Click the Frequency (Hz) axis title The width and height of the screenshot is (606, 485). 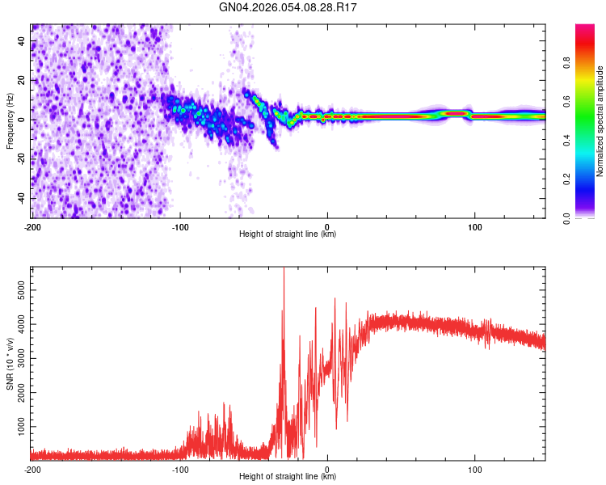tap(11, 121)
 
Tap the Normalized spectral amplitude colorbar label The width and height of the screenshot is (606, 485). tap(600, 121)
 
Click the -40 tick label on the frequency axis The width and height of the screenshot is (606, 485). tap(20, 198)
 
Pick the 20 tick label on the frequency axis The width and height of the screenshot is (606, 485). tap(22, 80)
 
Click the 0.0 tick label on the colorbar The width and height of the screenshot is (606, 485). tap(566, 217)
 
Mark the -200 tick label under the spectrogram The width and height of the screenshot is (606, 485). tap(32, 226)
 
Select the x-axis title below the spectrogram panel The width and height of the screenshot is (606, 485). tap(288, 234)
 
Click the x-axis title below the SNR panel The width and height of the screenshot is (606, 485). tap(288, 477)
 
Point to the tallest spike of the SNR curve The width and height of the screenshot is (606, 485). tap(284, 270)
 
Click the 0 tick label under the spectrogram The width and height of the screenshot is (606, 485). tap(327, 226)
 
